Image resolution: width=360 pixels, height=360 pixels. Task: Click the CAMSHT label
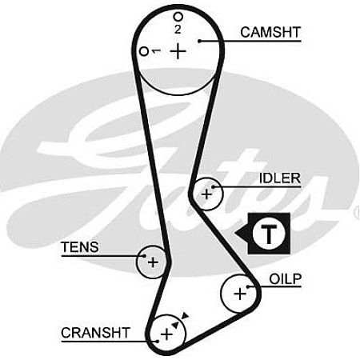(x=270, y=32)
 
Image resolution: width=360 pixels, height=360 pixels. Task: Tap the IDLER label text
(x=280, y=178)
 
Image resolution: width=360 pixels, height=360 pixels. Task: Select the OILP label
(x=285, y=279)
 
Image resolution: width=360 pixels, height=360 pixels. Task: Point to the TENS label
(x=80, y=247)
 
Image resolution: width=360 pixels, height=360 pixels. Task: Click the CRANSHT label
(x=95, y=333)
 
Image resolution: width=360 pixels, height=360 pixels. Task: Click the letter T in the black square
(x=269, y=234)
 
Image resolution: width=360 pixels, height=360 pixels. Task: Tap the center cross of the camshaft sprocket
(x=178, y=51)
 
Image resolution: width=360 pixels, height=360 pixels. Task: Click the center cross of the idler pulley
(x=206, y=194)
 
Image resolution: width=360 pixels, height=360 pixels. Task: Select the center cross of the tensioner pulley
(x=153, y=262)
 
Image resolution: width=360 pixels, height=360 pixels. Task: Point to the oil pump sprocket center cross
(x=240, y=294)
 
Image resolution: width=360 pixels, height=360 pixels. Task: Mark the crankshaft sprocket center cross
(x=166, y=334)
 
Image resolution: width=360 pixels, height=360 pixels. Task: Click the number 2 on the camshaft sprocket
(x=178, y=30)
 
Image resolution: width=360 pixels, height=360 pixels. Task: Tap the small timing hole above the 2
(x=178, y=17)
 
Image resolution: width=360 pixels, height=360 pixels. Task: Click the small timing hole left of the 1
(x=144, y=51)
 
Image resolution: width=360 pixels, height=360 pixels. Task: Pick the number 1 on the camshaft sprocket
(x=156, y=50)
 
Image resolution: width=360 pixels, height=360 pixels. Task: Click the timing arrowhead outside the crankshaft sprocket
(x=185, y=316)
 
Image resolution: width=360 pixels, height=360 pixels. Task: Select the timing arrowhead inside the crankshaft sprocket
(x=175, y=325)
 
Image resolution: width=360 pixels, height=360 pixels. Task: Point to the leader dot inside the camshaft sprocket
(x=199, y=41)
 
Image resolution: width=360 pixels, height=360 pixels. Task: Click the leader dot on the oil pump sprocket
(x=248, y=286)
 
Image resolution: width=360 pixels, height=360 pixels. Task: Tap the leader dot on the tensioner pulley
(x=144, y=256)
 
